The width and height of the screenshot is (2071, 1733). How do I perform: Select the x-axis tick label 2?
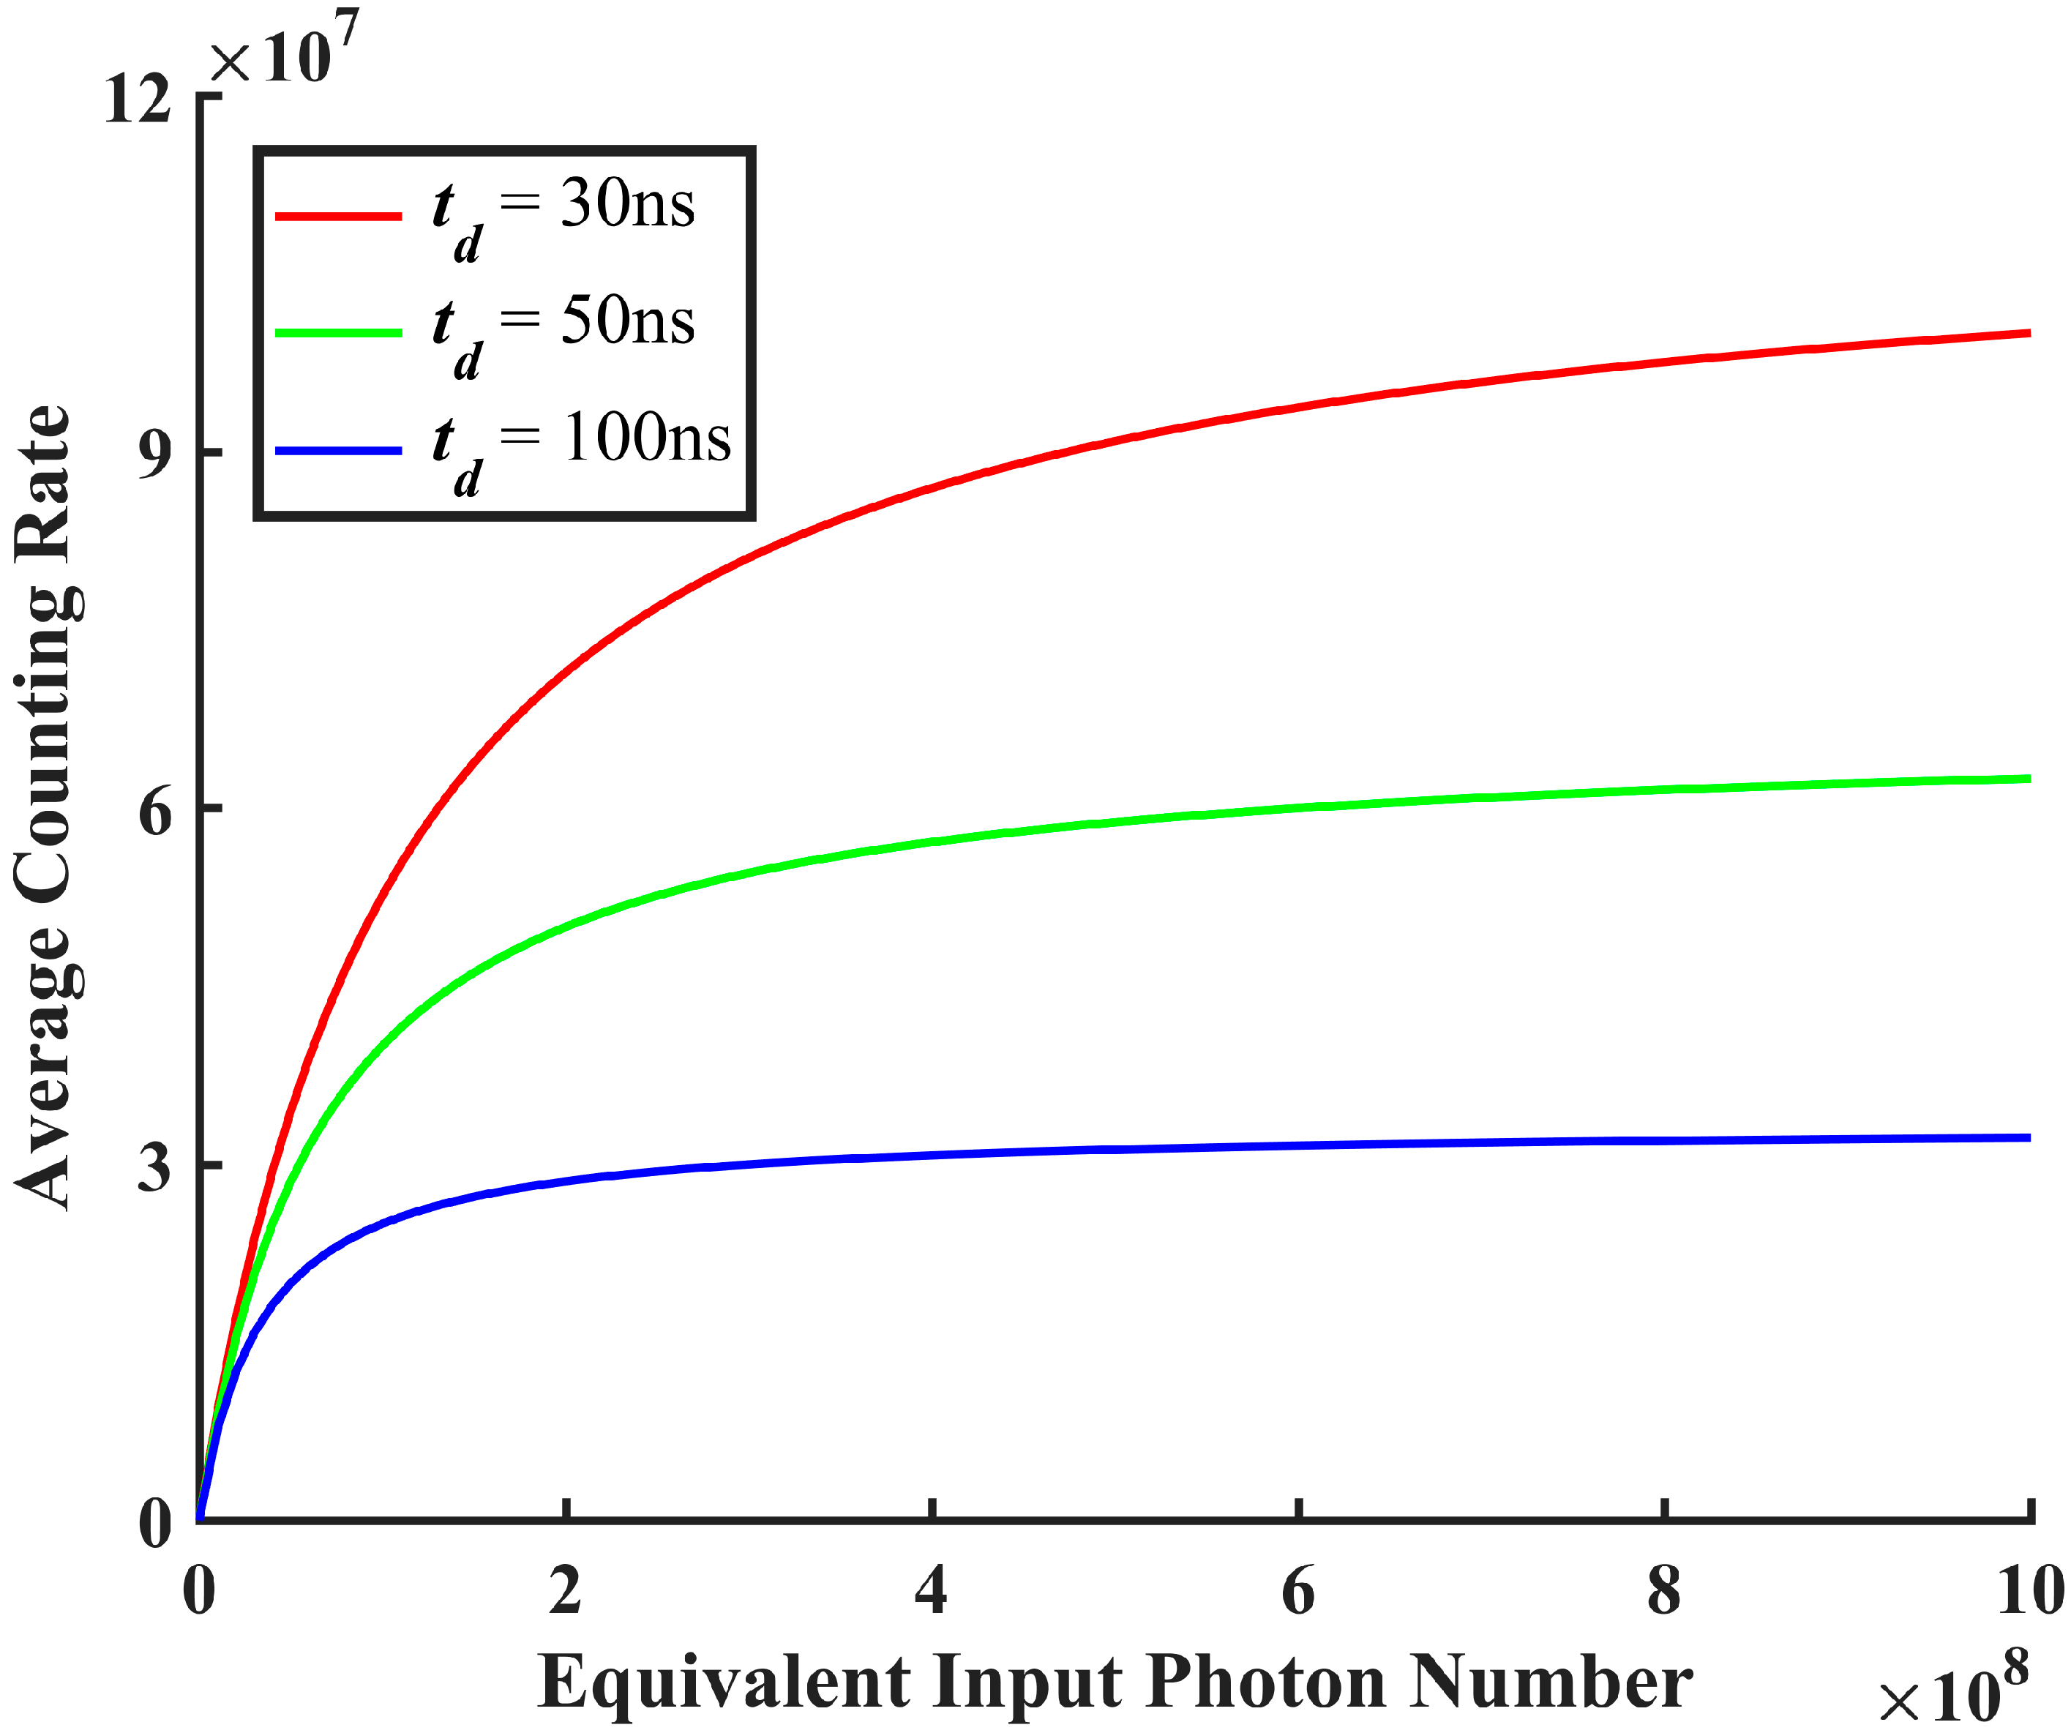coord(565,1590)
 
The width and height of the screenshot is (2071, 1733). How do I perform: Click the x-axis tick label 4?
coord(931,1590)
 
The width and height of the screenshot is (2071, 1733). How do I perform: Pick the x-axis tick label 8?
coord(1663,1590)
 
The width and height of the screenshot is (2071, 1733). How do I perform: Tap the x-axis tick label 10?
coord(2029,1590)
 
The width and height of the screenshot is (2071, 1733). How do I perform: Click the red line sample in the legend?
coord(338,215)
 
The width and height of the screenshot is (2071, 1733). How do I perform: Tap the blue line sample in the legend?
coord(338,451)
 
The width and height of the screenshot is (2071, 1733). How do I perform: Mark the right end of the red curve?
coord(2028,334)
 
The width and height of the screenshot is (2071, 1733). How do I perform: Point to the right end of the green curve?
coord(2028,779)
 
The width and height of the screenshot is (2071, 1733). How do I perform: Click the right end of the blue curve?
coord(2028,1138)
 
